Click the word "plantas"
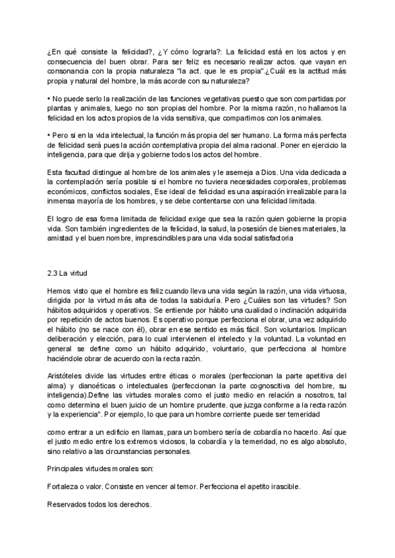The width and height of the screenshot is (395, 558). (61, 107)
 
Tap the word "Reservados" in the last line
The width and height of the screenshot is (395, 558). (70, 505)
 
